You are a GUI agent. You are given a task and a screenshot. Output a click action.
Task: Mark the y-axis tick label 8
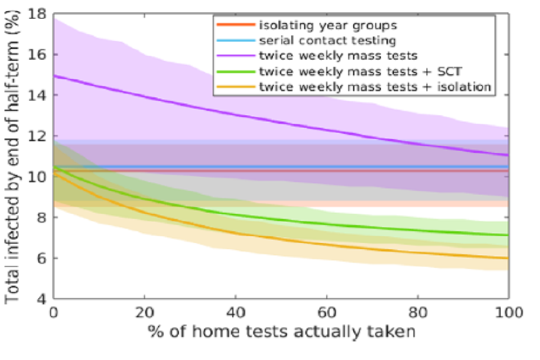point(43,217)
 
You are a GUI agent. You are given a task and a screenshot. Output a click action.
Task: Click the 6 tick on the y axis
point(43,258)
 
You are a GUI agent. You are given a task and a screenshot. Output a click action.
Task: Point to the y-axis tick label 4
point(43,299)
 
